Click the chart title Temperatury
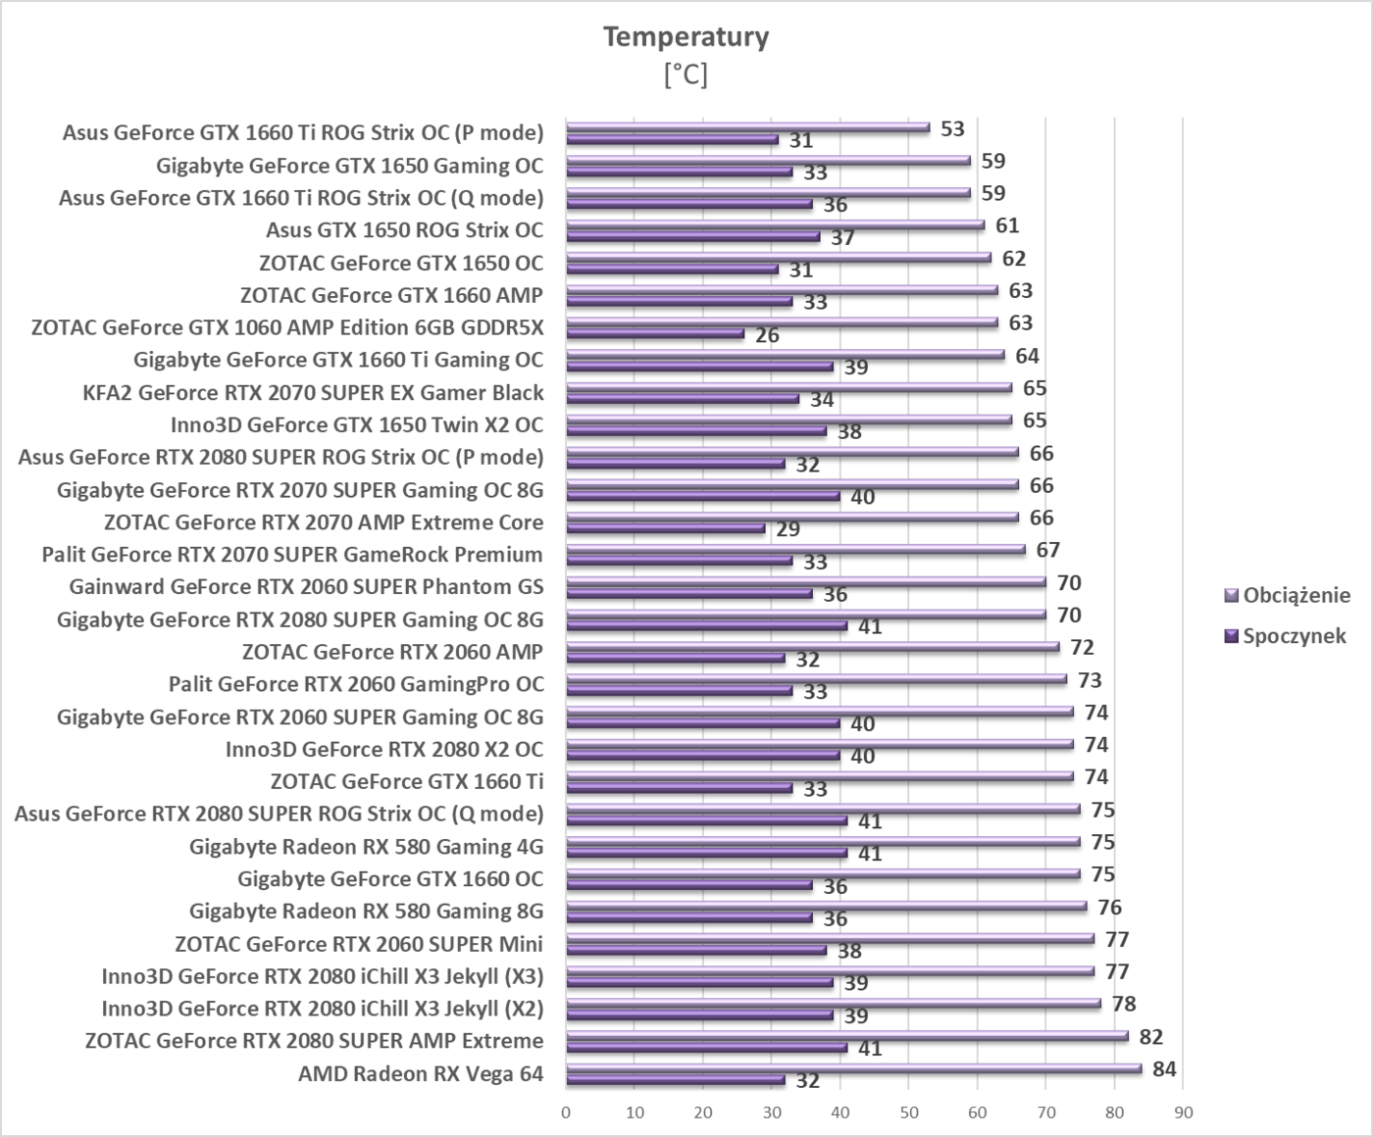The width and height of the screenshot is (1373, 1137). pos(686,37)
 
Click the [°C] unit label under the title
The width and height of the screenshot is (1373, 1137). pos(686,74)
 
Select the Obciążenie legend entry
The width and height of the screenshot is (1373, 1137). pos(1296,595)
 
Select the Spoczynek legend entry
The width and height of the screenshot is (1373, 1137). pos(1294,635)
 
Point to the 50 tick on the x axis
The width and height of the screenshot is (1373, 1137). pos(908,1112)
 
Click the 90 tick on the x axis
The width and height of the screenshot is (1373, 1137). pos(1183,1112)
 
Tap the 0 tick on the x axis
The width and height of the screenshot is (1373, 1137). pos(566,1112)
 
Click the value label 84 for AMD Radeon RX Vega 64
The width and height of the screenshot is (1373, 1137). pos(1164,1069)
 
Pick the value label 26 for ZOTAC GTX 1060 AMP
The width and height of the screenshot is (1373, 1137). pos(767,335)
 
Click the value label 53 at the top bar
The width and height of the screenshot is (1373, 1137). pos(952,129)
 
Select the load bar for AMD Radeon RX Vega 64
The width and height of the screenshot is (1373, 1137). pos(853,1068)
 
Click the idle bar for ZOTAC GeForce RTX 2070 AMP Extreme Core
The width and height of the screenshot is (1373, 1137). pos(665,528)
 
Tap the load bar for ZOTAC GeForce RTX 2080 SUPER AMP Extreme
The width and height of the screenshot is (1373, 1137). pos(846,1036)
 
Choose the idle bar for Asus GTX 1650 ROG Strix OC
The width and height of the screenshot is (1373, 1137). pos(692,236)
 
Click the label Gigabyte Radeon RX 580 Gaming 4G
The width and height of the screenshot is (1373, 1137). pos(366,846)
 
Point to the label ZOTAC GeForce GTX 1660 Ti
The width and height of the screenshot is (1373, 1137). pos(406,781)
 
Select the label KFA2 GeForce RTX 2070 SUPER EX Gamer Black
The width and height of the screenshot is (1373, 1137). pos(313,392)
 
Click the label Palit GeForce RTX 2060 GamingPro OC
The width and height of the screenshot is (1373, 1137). pos(355,684)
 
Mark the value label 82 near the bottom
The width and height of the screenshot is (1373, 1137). pos(1150,1037)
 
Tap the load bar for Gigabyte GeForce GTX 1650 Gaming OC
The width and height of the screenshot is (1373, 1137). pos(768,160)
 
